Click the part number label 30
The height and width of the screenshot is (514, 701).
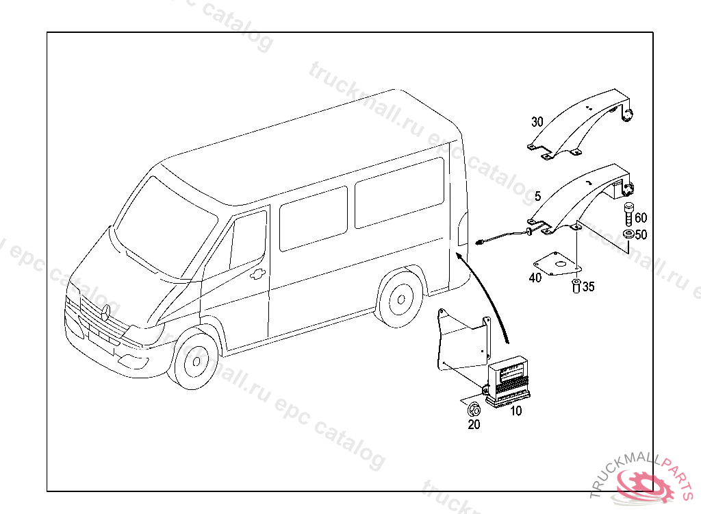537,122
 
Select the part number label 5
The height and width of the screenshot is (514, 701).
538,197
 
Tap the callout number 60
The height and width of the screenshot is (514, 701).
641,219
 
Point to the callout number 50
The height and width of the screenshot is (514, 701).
641,235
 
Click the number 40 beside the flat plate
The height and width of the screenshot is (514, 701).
535,278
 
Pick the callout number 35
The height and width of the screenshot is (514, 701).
588,287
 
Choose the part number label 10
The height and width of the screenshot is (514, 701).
515,411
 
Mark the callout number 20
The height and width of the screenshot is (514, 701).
474,425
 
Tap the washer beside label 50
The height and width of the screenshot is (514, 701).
628,235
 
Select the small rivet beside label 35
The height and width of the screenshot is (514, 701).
574,285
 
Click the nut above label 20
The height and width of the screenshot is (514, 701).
472,411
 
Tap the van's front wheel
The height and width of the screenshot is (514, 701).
195,360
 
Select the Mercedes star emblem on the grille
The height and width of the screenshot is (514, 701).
106,313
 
